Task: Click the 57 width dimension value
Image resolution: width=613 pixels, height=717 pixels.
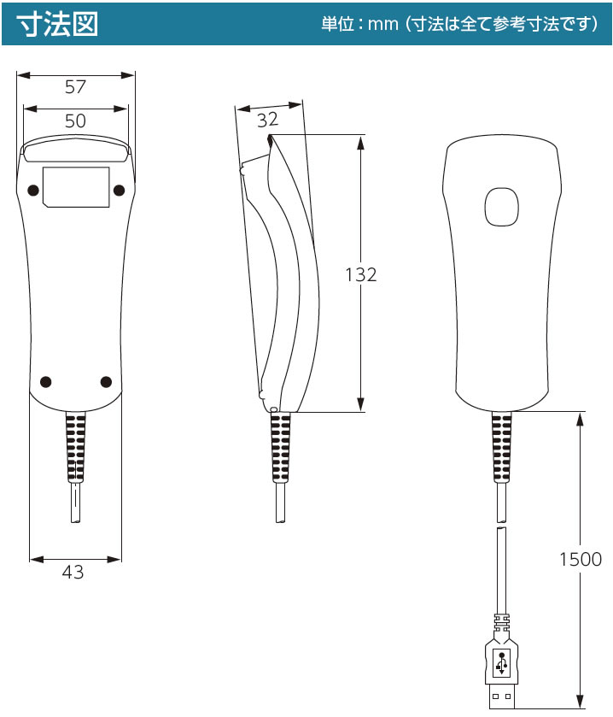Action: click(x=75, y=87)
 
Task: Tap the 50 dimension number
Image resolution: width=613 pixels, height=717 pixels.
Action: click(x=75, y=120)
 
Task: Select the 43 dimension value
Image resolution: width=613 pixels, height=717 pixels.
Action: click(x=73, y=572)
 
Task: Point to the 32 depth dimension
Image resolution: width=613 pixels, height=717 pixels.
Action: click(x=268, y=120)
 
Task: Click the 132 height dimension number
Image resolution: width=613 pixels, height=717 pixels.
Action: click(x=361, y=274)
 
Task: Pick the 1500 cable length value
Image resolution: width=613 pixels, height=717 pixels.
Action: click(x=581, y=559)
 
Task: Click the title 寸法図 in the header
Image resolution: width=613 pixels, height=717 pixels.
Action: click(x=57, y=24)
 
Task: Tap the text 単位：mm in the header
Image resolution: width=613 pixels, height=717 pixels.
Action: click(x=360, y=24)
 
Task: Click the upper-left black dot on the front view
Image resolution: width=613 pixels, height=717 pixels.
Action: click(x=33, y=191)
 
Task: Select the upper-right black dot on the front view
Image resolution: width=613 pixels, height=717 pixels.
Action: click(x=119, y=191)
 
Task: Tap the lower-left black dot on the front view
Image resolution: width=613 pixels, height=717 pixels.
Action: click(x=46, y=382)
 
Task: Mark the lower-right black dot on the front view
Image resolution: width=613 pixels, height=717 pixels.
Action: click(x=106, y=382)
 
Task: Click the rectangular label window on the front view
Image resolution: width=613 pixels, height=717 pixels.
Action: click(x=76, y=187)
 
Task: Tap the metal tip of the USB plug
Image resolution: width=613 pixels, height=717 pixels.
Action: click(x=502, y=696)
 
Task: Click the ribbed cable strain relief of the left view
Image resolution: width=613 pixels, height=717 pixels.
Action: click(x=76, y=446)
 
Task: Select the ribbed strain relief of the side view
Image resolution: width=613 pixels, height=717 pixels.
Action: click(x=281, y=446)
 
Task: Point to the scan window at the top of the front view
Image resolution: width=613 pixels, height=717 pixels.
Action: click(x=76, y=149)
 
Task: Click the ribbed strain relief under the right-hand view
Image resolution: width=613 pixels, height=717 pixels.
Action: click(x=501, y=446)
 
